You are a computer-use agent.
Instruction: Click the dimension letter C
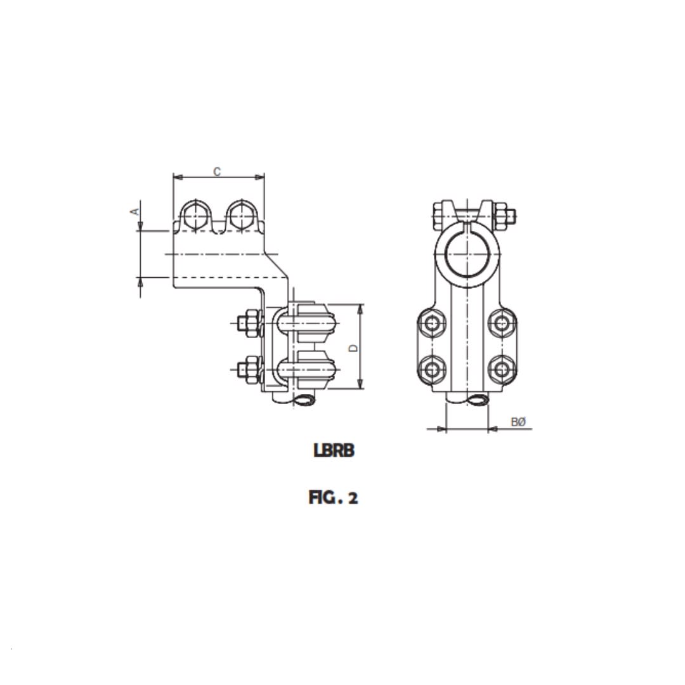(217, 171)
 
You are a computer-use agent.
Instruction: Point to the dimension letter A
(134, 211)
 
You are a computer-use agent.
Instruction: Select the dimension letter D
(354, 348)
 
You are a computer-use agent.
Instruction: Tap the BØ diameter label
(518, 422)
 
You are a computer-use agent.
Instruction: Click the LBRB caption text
(334, 450)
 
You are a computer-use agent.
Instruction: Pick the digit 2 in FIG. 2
(353, 498)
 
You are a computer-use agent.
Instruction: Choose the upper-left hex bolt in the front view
(433, 323)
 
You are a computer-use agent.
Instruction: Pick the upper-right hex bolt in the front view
(502, 323)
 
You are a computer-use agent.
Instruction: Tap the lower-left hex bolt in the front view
(433, 369)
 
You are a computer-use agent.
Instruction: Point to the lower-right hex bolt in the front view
(502, 369)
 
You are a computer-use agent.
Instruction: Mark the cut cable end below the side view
(304, 400)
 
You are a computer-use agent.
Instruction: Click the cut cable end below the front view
(477, 400)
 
